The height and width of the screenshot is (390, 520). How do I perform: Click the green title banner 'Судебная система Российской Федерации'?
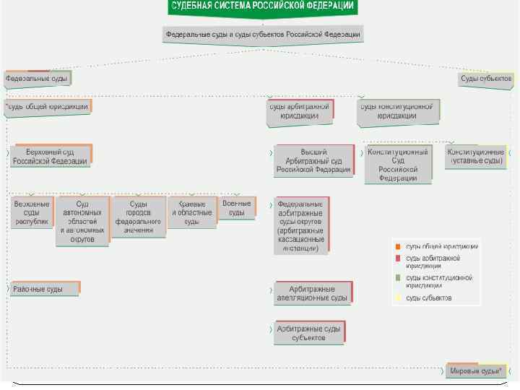tap(262, 6)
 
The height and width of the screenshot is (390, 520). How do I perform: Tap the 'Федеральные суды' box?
tap(38, 77)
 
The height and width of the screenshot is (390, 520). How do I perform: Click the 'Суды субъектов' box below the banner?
tap(485, 78)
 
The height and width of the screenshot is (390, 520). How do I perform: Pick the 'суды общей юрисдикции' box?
tap(49, 105)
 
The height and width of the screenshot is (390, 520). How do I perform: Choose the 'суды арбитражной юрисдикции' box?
tap(299, 110)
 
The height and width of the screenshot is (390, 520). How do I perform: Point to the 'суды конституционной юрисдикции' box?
tap(396, 110)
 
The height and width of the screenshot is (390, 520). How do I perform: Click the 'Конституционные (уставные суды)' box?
tap(474, 157)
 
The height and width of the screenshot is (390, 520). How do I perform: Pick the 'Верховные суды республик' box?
tap(32, 212)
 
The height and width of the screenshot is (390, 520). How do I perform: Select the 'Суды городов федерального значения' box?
tap(137, 217)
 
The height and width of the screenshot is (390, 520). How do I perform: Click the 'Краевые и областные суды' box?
tap(191, 212)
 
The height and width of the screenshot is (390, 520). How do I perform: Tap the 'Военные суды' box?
tap(237, 208)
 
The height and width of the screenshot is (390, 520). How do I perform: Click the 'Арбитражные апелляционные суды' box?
tap(311, 292)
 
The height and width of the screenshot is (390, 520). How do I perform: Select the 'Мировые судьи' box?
tap(474, 370)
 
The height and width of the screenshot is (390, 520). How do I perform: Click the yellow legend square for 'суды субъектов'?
tap(397, 297)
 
